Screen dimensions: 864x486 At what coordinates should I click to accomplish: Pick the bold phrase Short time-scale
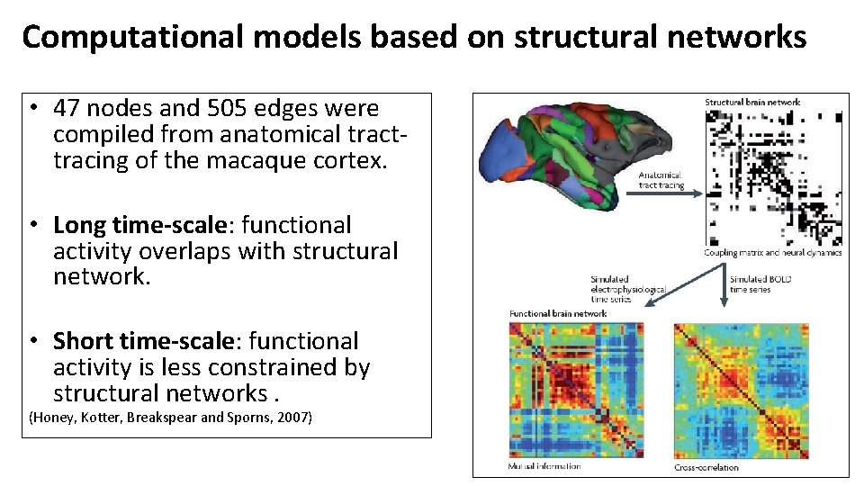coord(147,341)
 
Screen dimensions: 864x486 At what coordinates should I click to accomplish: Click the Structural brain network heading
coord(751,102)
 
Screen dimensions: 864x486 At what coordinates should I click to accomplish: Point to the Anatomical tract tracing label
coord(661,180)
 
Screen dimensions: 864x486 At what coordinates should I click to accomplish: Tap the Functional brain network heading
coord(558,313)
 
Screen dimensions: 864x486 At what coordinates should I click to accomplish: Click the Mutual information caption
coord(544,466)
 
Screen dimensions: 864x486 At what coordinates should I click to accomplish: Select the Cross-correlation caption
coord(706,467)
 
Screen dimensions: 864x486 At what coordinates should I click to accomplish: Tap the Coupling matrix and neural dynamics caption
coord(773,253)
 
